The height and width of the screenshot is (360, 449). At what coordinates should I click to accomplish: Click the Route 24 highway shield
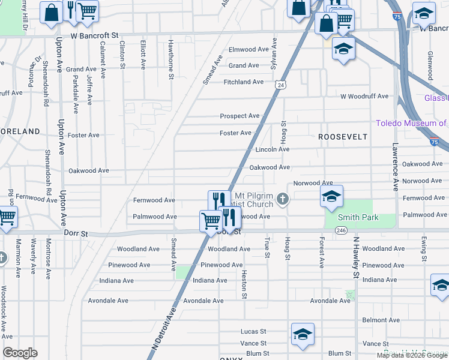[280, 86]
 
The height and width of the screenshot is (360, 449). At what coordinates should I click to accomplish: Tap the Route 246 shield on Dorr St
[341, 230]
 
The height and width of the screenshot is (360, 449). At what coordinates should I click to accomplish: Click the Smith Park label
[358, 217]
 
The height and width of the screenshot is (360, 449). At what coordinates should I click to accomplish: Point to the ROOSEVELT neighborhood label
[342, 137]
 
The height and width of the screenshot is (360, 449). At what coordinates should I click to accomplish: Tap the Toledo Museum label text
[411, 124]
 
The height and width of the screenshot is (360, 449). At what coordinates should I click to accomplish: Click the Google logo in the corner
[20, 353]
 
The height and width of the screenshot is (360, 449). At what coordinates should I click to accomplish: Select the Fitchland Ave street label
[244, 82]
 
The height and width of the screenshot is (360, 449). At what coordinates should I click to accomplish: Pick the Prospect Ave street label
[240, 116]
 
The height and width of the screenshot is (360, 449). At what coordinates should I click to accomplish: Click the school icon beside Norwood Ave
[331, 197]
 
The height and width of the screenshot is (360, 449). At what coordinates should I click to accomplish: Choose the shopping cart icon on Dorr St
[211, 221]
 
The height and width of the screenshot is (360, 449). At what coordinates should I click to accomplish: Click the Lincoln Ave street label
[273, 149]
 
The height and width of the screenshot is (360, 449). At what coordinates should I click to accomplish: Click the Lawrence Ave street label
[396, 166]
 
